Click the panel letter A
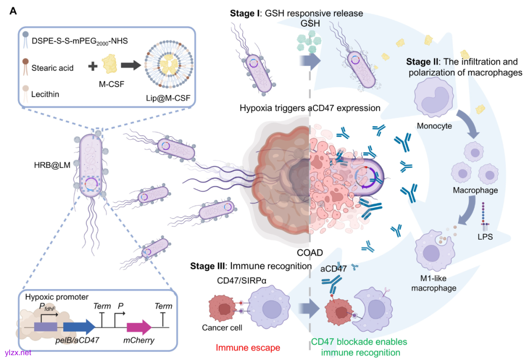click(x=14, y=11)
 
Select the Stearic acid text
click(x=52, y=68)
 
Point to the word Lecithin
click(x=46, y=94)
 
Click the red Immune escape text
click(x=248, y=347)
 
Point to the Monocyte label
click(x=435, y=126)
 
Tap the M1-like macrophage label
click(x=434, y=283)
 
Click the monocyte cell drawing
click(x=435, y=98)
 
